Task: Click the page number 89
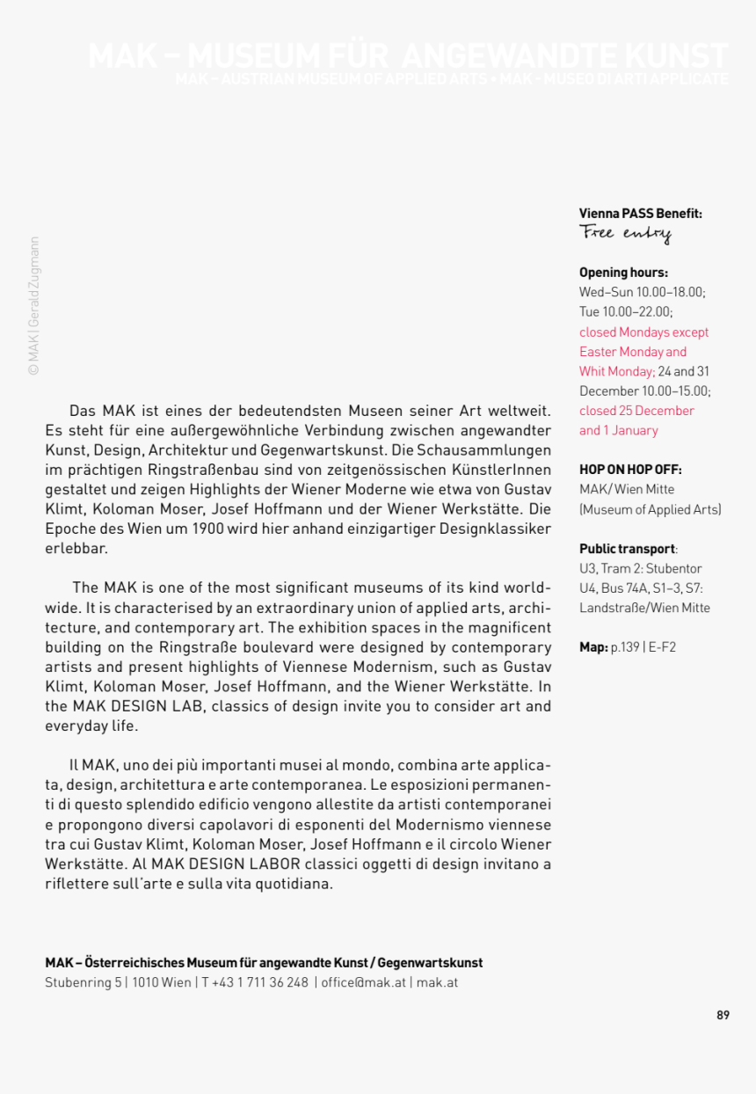coord(723,1014)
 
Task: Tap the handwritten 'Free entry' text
coord(625,233)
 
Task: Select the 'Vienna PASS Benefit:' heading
coord(640,213)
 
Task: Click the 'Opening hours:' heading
coord(623,273)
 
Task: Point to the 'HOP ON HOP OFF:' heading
coord(629,470)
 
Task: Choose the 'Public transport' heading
coord(626,549)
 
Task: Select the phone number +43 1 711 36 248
coord(260,982)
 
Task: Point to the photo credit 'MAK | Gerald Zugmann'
coord(34,306)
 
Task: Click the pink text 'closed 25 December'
coord(636,411)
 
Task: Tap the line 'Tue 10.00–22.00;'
coord(626,311)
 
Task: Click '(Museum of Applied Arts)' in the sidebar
coord(650,509)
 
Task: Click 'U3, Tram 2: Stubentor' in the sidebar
coord(640,568)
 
